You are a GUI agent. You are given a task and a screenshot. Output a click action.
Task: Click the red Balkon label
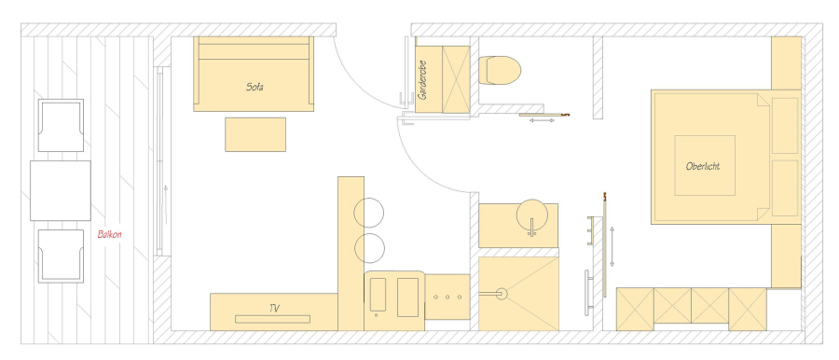[x=110, y=235]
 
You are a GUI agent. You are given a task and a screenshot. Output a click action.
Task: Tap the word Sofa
[x=254, y=87]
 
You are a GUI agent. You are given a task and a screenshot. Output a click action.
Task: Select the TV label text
[x=274, y=308]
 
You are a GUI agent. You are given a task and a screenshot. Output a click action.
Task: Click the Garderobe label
[x=423, y=80]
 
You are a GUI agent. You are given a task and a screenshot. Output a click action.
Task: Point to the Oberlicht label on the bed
[x=703, y=166]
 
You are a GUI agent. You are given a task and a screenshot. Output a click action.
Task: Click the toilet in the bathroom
[x=500, y=70]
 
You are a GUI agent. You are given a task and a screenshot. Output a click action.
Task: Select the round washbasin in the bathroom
[x=532, y=215]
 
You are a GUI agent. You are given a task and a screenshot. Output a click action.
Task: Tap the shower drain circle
[x=502, y=294]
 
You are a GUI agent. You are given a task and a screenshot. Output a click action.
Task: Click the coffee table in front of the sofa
[x=255, y=134]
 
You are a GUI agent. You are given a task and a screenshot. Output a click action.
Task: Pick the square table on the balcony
[x=61, y=190]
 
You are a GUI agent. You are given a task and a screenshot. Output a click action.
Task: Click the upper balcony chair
[x=61, y=125]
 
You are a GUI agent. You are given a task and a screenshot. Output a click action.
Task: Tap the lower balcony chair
[x=61, y=256]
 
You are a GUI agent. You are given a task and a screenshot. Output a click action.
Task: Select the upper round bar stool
[x=369, y=213]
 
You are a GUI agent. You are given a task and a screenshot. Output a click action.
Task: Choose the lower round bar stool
[x=370, y=248]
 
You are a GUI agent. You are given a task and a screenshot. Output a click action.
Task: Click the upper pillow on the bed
[x=786, y=125]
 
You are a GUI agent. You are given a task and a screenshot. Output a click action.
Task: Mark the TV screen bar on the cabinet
[x=272, y=319]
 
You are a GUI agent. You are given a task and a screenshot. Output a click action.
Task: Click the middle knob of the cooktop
[x=447, y=297]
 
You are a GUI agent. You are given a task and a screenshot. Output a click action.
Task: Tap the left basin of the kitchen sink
[x=378, y=294]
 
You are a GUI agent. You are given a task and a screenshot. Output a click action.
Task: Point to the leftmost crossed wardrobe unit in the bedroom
[x=635, y=309]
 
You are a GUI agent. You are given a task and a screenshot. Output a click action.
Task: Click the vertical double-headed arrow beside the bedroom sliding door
[x=612, y=246]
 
